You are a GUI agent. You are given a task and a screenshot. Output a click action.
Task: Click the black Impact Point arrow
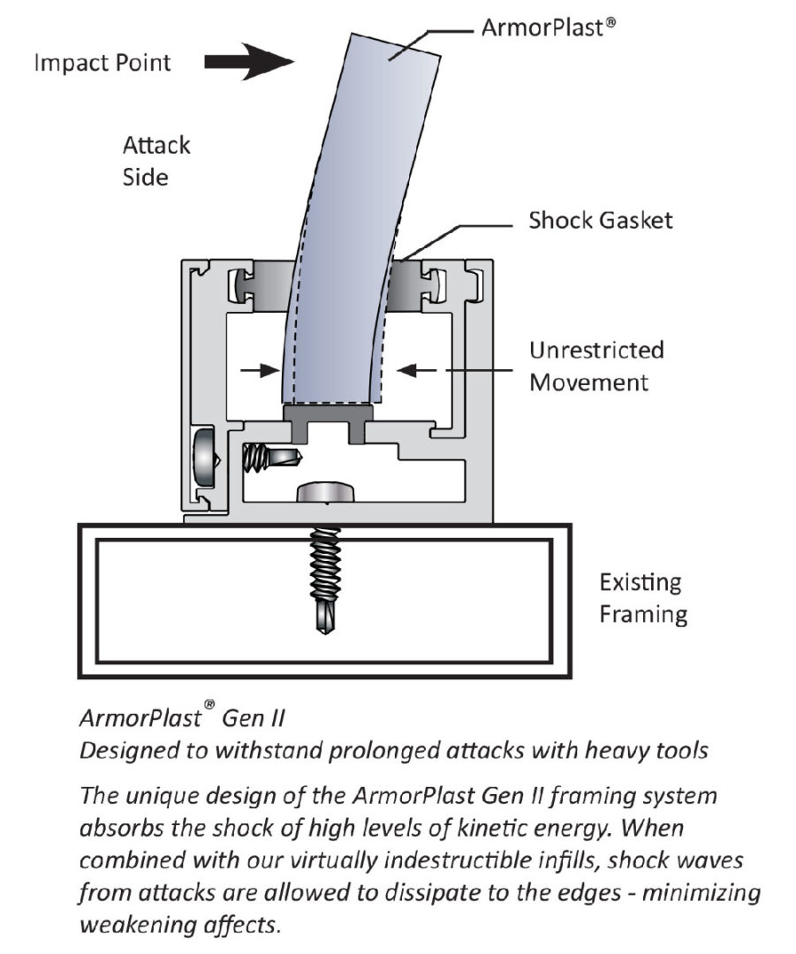249,62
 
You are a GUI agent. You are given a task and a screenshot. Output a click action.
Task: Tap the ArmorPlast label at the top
548,26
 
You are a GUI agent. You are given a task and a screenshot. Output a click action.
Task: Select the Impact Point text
102,63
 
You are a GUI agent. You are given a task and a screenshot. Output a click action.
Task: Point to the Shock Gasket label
600,220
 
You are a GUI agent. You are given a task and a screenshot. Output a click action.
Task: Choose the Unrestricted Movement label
595,366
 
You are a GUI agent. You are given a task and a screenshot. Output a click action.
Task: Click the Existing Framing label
641,598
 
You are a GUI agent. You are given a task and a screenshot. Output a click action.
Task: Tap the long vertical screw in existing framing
328,579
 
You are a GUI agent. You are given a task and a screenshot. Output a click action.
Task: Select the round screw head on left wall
202,456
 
